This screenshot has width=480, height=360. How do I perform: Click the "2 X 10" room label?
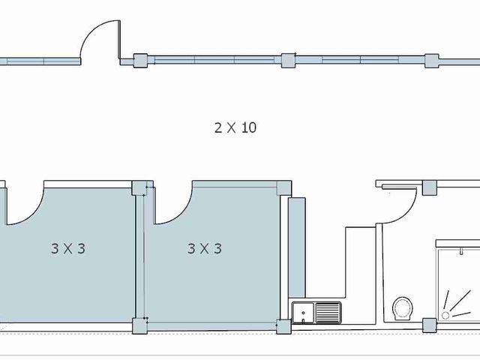235,127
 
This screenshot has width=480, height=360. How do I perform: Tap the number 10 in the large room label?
249,127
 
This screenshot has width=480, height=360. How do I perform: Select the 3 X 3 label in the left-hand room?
68,248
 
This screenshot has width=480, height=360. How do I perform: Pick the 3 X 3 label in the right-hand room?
205,248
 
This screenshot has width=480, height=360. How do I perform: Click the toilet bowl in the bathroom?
402,308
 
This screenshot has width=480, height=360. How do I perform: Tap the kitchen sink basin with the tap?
303,313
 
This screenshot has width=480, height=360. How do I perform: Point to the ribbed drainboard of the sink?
328,313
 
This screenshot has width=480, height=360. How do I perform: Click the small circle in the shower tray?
445,315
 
